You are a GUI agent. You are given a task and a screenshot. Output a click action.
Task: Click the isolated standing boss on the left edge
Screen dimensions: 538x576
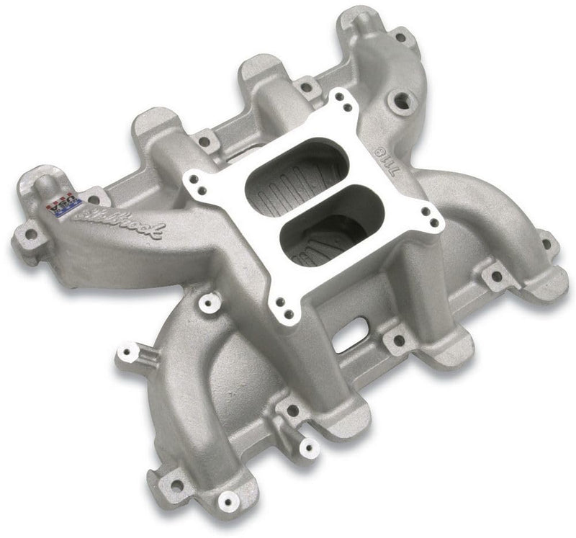click(129, 353)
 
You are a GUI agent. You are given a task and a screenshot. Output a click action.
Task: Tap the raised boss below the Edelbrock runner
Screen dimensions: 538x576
click(210, 303)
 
